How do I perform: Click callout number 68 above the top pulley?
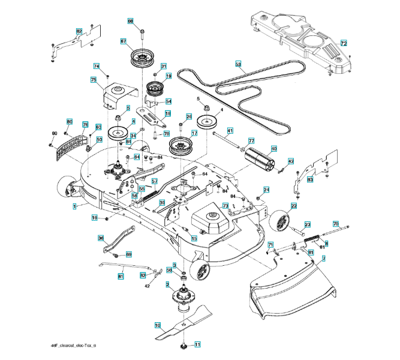coord(131,21)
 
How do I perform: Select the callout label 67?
coord(123,42)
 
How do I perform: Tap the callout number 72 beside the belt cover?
coord(344,44)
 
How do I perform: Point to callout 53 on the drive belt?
coord(238,64)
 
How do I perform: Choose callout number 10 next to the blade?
coord(158,326)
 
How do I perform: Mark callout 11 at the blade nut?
coord(197,344)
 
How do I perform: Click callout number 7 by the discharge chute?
coord(323,259)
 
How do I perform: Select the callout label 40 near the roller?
coord(273,149)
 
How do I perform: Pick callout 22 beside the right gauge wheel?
coord(294,206)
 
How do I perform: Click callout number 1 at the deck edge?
coord(75,206)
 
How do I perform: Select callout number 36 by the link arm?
coord(101,238)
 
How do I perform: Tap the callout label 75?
coord(94,80)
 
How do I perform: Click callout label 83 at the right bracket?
coord(310,179)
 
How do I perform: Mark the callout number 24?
coord(266,190)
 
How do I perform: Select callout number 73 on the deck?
coord(225,206)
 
